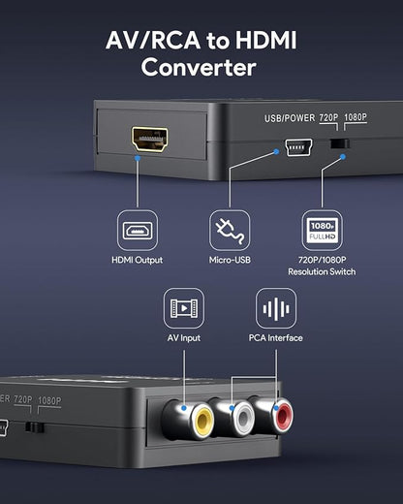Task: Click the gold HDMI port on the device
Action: (149, 137)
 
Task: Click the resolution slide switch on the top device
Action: (338, 144)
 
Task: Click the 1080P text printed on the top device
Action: (356, 118)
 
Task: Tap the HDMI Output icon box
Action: (137, 230)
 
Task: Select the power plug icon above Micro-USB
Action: (230, 230)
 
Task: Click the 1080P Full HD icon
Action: (322, 230)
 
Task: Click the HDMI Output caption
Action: (137, 260)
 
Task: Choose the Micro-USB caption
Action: (230, 260)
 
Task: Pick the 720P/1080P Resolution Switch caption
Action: (322, 266)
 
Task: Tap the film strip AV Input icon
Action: (183, 308)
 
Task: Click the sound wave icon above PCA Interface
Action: (275, 308)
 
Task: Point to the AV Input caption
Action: (183, 338)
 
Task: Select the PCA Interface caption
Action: (275, 338)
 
